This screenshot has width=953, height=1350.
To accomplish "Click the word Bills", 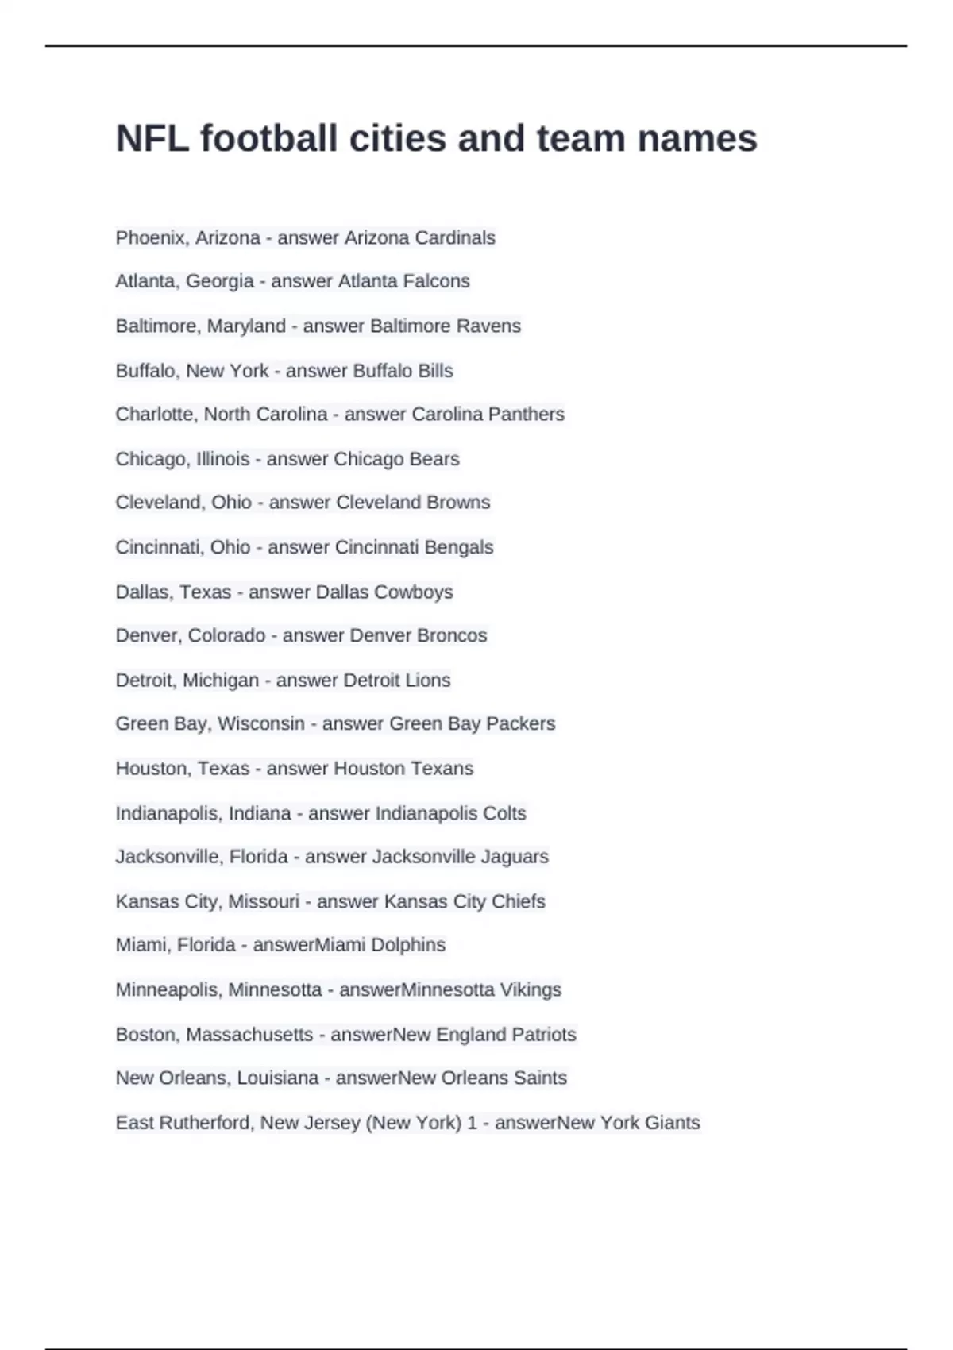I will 435,371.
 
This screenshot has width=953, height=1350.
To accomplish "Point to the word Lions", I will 428,681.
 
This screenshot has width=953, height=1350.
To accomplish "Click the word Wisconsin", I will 261,723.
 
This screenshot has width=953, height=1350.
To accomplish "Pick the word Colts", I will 504,813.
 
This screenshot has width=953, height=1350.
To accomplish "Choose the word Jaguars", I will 516,857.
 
